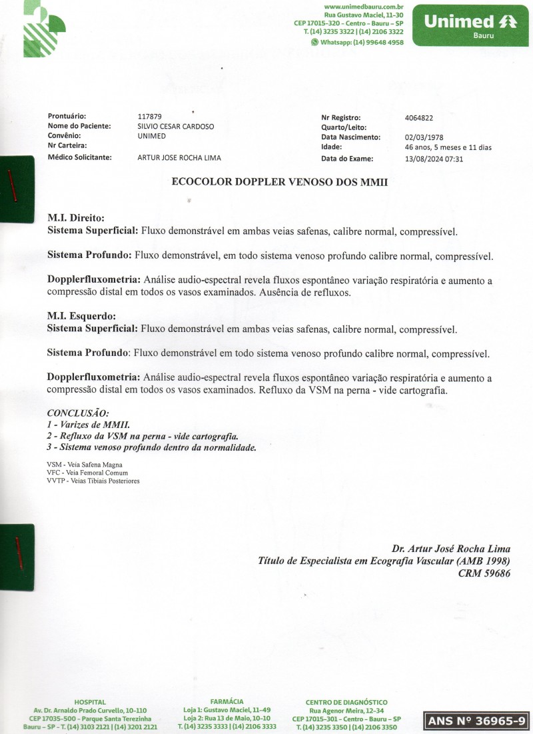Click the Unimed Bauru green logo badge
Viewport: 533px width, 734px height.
point(470,25)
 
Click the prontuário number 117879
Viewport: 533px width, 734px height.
point(149,117)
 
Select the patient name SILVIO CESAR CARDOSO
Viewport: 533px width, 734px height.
point(176,126)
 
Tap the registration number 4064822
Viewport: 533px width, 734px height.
point(419,118)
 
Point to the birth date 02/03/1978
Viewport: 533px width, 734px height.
point(424,138)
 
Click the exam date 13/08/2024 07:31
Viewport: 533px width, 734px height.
point(434,159)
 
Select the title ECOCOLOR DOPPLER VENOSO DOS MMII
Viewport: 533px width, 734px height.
point(280,181)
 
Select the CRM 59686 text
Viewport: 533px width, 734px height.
point(484,573)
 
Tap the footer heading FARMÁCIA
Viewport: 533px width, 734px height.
point(227,702)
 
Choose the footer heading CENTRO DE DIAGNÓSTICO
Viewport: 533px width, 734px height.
point(346,702)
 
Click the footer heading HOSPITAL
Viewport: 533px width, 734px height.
point(90,702)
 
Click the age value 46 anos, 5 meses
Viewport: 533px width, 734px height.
point(448,147)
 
